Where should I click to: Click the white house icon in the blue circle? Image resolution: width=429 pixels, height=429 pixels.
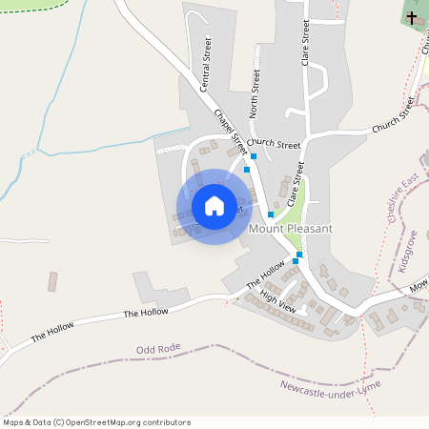click(x=214, y=206)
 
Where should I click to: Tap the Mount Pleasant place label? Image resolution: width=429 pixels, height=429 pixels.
click(x=290, y=229)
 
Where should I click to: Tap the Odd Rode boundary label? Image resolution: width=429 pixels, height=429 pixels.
click(x=157, y=350)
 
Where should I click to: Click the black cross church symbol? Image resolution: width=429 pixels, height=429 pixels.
click(x=412, y=17)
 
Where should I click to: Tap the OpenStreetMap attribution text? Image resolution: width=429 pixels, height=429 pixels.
click(x=96, y=422)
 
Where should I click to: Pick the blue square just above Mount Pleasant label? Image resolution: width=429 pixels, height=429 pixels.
click(x=271, y=214)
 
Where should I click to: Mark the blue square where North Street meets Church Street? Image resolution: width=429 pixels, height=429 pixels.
click(x=254, y=155)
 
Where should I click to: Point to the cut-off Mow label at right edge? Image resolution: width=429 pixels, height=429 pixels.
click(x=419, y=286)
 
